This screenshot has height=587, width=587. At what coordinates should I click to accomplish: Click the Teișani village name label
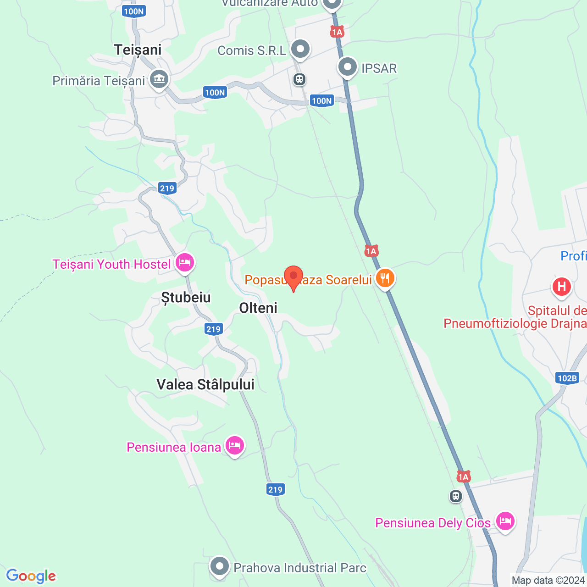pos(138,50)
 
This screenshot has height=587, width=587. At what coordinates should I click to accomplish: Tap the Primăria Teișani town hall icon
pos(159,79)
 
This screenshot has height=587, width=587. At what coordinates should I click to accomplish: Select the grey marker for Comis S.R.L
pos(300,49)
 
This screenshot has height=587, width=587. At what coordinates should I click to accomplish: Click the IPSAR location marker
pos(348,67)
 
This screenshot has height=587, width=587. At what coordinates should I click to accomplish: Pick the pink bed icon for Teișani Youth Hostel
pos(184,263)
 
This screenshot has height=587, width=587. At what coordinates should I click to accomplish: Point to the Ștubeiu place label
pos(186,298)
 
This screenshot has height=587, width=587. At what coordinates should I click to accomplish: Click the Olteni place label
pos(258,308)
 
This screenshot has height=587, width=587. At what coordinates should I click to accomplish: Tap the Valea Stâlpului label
pos(205,384)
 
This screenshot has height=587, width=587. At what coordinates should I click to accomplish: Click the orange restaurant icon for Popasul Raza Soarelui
pos(385,278)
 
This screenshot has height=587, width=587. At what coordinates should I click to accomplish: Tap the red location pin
pos(293,277)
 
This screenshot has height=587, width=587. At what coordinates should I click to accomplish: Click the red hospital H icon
pos(561,287)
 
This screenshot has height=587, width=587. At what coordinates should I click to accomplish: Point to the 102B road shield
pos(567,378)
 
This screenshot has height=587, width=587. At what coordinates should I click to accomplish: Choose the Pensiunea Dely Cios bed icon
pos(504,521)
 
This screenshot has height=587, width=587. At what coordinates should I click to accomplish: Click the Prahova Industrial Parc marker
pos(220,566)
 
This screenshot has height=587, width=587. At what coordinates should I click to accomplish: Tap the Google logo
pos(31,576)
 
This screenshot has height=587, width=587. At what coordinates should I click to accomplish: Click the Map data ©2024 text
pos(548,581)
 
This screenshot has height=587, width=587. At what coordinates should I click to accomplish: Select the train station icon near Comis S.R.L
pos(299,80)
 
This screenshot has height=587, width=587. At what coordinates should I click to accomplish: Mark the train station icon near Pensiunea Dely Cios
pos(455,496)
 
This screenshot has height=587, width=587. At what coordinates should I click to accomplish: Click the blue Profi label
pos(573,256)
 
